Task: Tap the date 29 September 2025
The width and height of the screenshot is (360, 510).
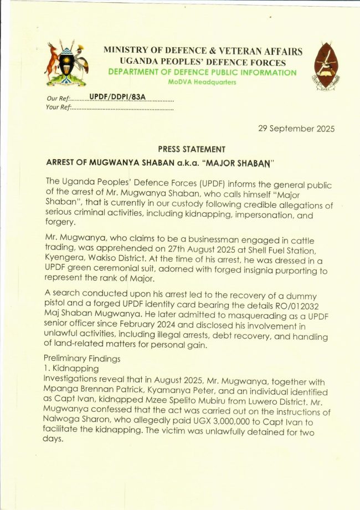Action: (296, 129)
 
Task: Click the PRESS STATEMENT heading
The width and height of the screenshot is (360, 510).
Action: (192, 149)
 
